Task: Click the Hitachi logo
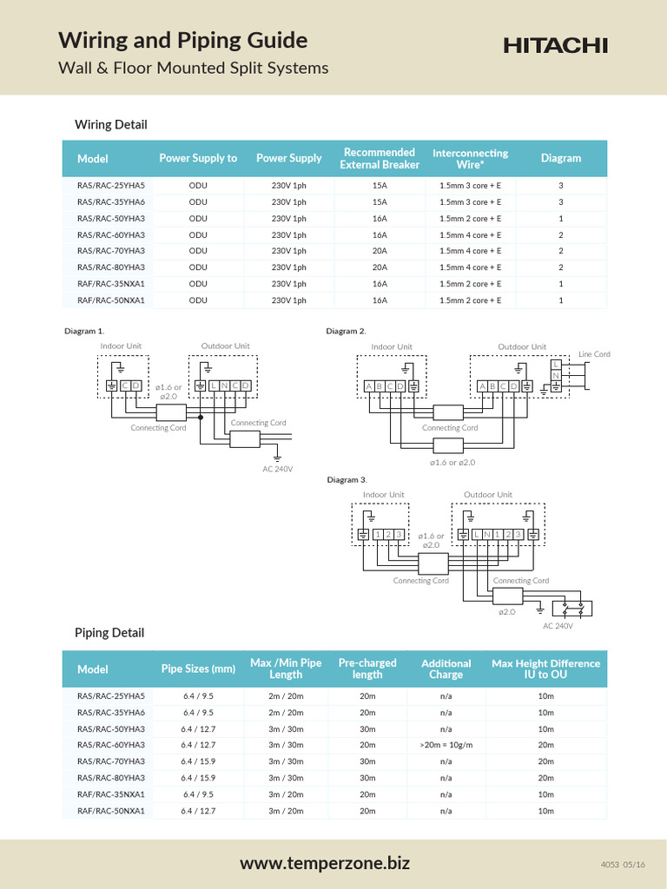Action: pos(555,46)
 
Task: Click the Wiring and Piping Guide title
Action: pos(182,40)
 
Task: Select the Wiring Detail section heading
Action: pos(110,124)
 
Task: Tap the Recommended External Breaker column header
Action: pos(380,158)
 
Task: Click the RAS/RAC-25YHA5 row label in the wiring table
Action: pos(110,186)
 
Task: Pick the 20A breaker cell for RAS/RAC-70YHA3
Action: pos(380,251)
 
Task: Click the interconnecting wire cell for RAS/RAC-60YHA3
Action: pos(470,235)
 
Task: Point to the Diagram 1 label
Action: pos(84,331)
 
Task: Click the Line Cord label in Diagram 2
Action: pos(594,354)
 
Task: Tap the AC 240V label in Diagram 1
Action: pos(278,469)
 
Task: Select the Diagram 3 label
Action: pos(347,479)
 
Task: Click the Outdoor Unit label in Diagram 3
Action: pos(488,495)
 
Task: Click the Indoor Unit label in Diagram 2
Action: pos(392,346)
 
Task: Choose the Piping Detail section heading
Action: pos(109,633)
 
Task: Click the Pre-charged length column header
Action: pos(367,668)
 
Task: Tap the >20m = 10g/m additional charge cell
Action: pos(446,745)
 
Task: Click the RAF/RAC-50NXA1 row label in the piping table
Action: pos(110,811)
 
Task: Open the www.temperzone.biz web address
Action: pos(325,864)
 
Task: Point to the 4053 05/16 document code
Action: pos(623,865)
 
